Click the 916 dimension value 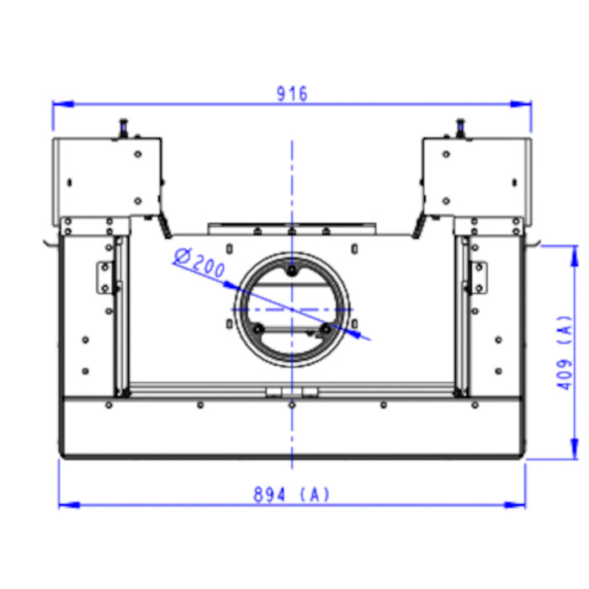coord(292,93)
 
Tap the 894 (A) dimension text coord(291,495)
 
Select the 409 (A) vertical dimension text coord(565,353)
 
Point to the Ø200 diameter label coord(199,262)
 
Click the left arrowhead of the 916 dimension coord(63,103)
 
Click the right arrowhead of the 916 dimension coord(521,103)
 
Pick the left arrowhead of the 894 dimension coord(70,505)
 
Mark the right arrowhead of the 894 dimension coord(515,505)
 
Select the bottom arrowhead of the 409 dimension coord(575,448)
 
